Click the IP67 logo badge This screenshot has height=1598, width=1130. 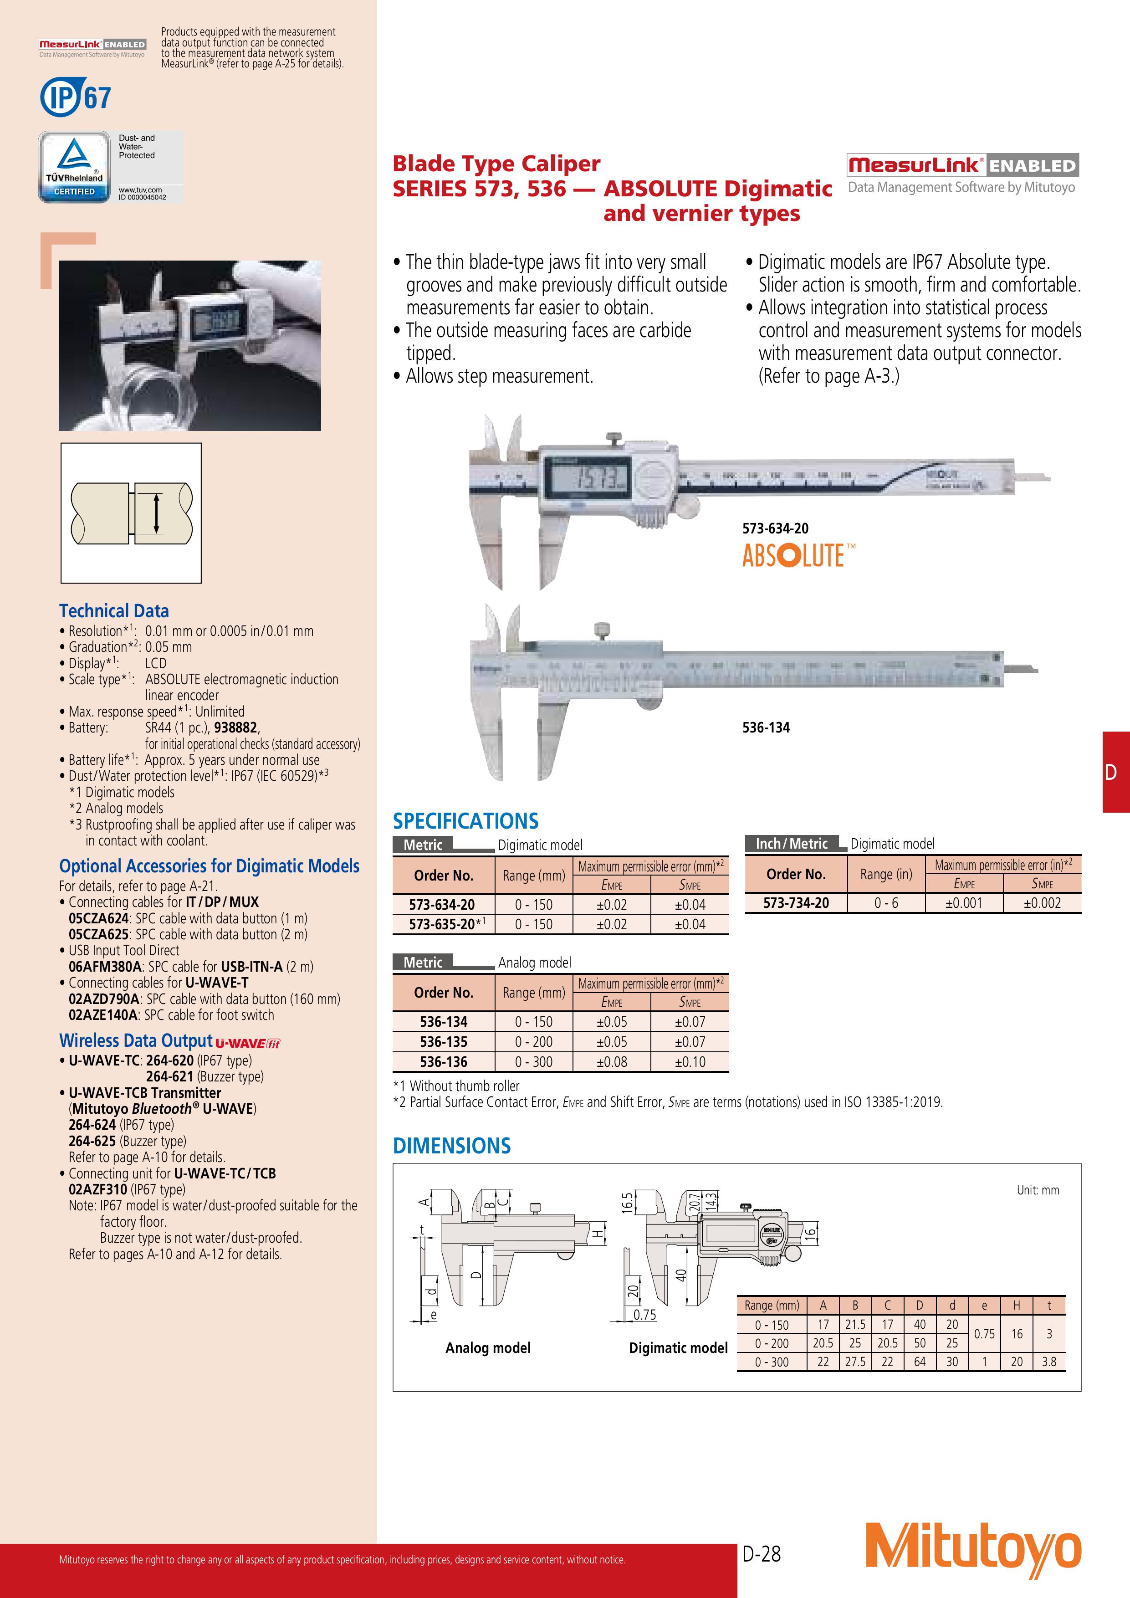[x=75, y=97]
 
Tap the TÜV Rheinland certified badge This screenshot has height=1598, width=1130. [x=74, y=167]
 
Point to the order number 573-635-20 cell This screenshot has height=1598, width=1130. [x=443, y=924]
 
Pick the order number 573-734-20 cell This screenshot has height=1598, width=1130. [x=796, y=903]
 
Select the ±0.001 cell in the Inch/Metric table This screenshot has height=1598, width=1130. [x=964, y=903]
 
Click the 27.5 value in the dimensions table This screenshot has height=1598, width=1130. [x=855, y=1362]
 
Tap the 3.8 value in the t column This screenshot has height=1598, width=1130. [x=1048, y=1362]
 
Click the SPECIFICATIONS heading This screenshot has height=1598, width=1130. [x=465, y=821]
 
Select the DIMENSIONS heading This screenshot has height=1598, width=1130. [x=451, y=1146]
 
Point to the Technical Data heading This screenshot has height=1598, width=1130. [x=114, y=611]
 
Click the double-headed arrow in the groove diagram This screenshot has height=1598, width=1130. [x=157, y=514]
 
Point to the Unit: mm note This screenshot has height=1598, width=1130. [x=1038, y=1190]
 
